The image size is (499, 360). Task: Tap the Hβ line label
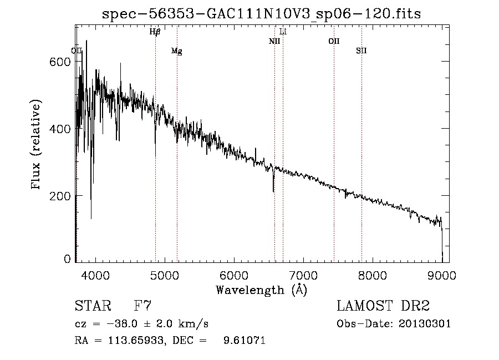[155, 32]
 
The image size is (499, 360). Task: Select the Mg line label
[176, 51]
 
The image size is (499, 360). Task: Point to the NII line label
[274, 41]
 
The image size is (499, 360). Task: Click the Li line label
[283, 32]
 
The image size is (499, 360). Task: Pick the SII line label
[361, 51]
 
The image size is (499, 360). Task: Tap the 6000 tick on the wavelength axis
[234, 275]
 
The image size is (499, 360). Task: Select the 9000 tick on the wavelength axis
[442, 275]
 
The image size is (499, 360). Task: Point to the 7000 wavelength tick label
[303, 275]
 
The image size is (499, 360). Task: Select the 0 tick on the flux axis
[68, 259]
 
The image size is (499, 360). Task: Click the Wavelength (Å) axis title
[261, 290]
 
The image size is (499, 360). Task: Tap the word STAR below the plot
[92, 306]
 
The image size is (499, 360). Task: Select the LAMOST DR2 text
[383, 306]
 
